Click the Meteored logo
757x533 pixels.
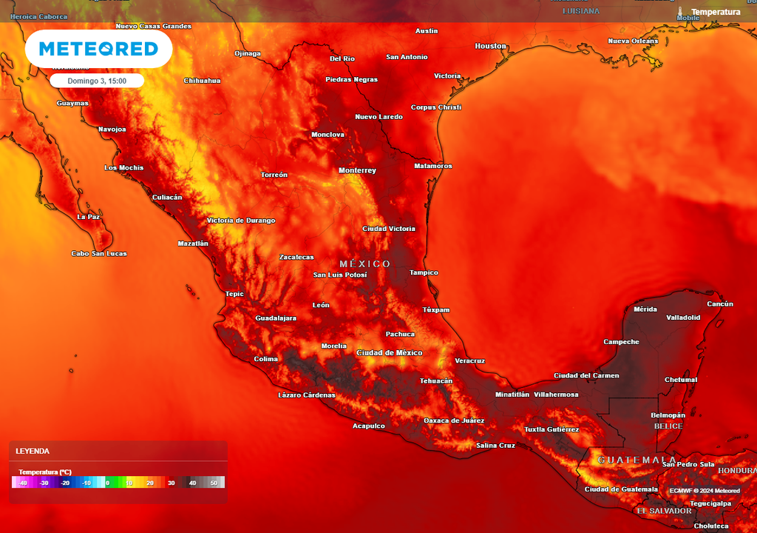coord(98,49)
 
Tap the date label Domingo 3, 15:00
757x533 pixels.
coord(97,81)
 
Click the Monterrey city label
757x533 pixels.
coord(357,170)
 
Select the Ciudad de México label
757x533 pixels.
coord(390,352)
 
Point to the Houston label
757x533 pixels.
coord(490,46)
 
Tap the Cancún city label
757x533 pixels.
coord(719,304)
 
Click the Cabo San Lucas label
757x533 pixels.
coord(99,253)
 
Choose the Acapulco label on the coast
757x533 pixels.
coord(368,426)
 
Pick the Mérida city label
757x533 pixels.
coord(645,309)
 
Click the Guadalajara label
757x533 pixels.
coord(276,318)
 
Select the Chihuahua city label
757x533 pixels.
coord(202,80)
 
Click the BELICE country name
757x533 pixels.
coord(668,426)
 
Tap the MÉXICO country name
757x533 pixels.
coord(365,264)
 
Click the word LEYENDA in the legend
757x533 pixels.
coord(33,451)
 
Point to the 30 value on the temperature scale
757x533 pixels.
coord(171,483)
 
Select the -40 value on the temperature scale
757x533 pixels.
coord(23,483)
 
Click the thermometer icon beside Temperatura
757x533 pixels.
coord(680,12)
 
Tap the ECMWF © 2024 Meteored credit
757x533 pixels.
coord(705,490)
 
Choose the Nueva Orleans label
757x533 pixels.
coord(632,41)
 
